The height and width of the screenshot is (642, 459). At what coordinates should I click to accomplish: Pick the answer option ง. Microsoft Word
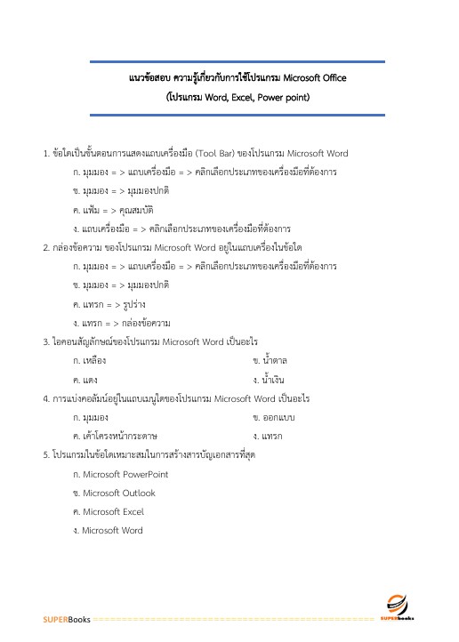pos(108,531)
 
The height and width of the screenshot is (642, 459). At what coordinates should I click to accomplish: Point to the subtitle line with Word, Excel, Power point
pos(238,97)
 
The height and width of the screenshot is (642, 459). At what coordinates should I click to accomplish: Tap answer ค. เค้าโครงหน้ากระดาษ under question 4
pos(116,436)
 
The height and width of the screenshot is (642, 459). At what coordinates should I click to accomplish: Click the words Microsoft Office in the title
pos(308,78)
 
